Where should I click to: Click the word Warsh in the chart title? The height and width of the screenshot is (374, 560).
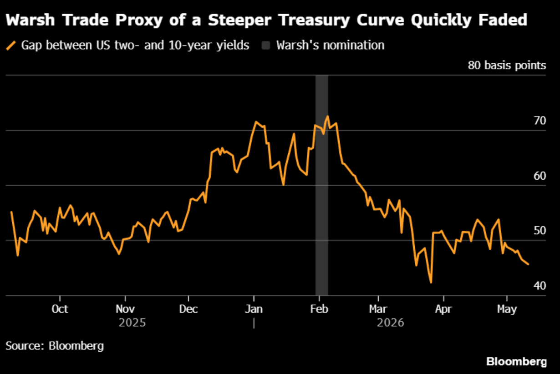(x=30, y=20)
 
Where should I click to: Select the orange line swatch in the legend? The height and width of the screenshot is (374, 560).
(x=11, y=45)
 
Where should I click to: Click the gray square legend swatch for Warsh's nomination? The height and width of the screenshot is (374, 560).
(x=266, y=45)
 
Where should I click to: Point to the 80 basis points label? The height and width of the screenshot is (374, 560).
(x=507, y=66)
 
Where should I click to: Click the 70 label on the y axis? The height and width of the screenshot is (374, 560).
(x=540, y=121)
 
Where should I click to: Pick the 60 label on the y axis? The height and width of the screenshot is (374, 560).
(x=540, y=176)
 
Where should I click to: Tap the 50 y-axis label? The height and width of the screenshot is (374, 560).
(x=540, y=231)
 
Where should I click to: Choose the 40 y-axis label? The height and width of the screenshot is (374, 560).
(x=540, y=286)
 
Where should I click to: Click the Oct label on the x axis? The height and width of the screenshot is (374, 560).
(x=60, y=309)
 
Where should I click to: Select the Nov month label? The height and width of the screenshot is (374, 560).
(x=125, y=309)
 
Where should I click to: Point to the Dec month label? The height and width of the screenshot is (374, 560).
(x=188, y=309)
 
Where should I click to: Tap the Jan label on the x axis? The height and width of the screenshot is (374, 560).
(x=254, y=309)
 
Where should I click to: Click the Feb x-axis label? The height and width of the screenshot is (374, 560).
(x=319, y=309)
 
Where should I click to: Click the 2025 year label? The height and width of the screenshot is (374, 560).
(x=132, y=323)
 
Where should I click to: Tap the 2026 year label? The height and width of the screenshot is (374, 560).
(x=391, y=323)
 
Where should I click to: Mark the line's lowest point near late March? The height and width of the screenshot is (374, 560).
(x=431, y=283)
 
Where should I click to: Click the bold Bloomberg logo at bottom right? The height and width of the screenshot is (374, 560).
(x=516, y=362)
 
